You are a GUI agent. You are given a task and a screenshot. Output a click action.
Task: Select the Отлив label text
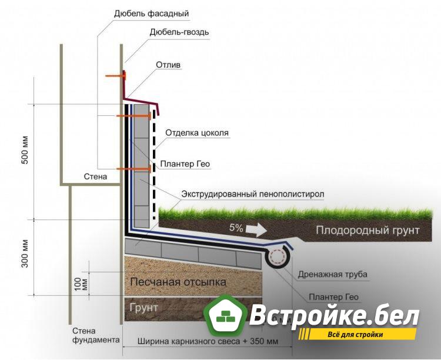[168, 64]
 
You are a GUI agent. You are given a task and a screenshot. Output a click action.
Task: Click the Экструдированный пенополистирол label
[252, 194]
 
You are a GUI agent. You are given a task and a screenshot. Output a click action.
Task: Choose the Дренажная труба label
[332, 275]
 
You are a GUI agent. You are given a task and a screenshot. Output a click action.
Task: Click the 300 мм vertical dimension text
[25, 254]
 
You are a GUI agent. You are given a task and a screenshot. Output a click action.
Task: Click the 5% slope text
[236, 227]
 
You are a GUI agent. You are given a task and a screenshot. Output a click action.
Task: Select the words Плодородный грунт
[367, 230]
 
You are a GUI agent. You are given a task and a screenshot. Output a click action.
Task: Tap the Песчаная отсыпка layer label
[178, 282]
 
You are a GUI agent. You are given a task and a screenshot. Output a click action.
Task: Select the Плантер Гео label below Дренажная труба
[334, 297]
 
